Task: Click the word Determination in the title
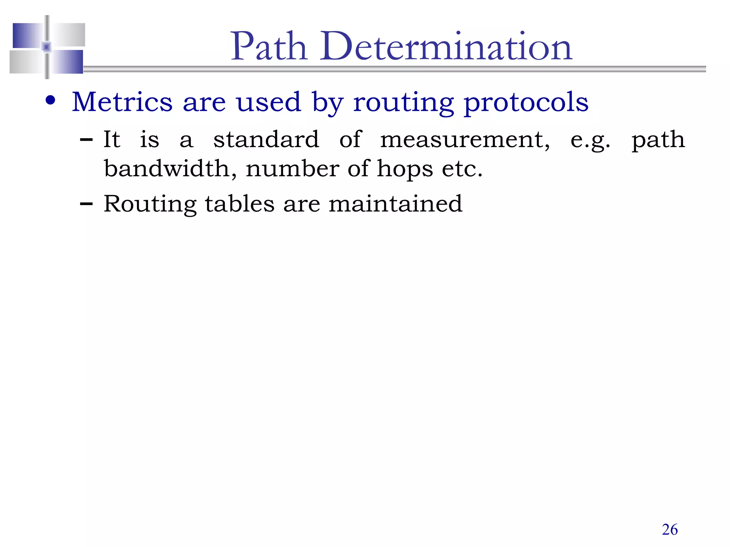tap(446, 47)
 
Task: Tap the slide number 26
tap(670, 530)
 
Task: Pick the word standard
tap(266, 139)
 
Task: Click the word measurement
tap(464, 140)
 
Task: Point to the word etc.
tap(462, 168)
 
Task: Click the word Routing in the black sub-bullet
tap(150, 204)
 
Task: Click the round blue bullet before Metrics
tap(51, 100)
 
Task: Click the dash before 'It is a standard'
tap(86, 140)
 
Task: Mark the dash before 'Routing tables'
tap(86, 204)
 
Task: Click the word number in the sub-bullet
tap(292, 168)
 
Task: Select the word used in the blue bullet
tap(268, 102)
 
